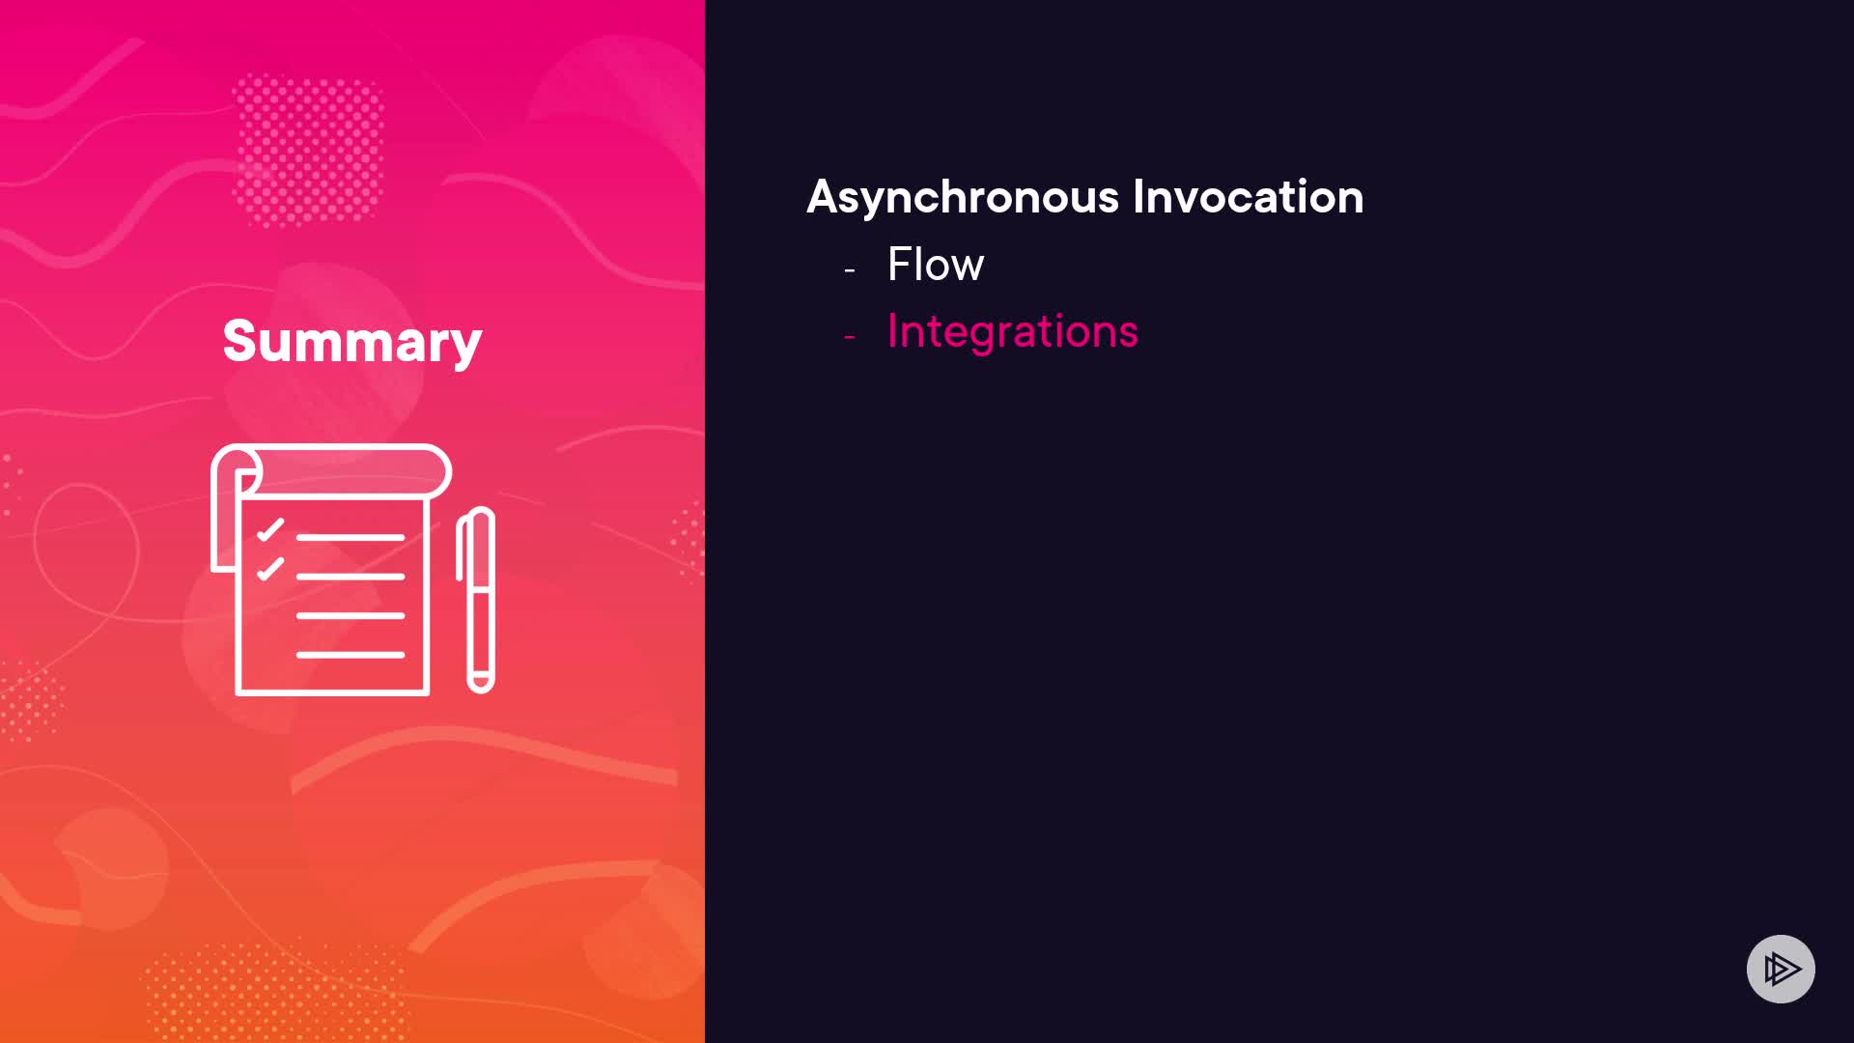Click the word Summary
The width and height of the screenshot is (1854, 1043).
[352, 342]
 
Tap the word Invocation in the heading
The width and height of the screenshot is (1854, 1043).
[1249, 196]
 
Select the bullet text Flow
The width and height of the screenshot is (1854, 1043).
[936, 264]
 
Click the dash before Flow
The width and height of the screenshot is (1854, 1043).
[850, 270]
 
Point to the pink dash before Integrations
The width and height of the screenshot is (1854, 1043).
[850, 337]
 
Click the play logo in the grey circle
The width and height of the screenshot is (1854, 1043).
[1782, 969]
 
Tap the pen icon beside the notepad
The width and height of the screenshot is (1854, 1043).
[476, 600]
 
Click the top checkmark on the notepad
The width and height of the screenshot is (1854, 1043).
[270, 530]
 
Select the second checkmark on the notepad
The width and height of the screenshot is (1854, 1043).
[270, 569]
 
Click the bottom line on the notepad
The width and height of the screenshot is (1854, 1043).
[351, 655]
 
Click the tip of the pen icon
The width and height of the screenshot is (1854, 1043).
[481, 688]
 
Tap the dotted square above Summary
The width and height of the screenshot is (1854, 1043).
[309, 150]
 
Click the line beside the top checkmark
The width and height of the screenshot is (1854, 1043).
[351, 537]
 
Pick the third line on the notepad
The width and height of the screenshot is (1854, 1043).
[351, 615]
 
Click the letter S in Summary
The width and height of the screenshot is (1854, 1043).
[239, 341]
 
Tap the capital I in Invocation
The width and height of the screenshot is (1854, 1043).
[1138, 197]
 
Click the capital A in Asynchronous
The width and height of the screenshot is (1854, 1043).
[824, 197]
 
